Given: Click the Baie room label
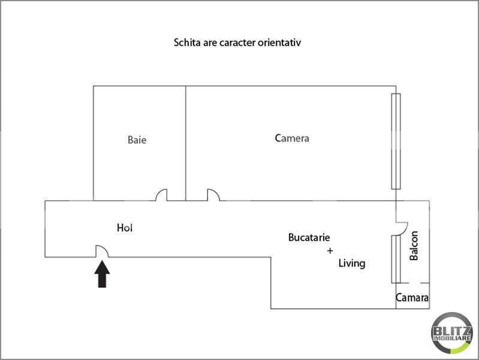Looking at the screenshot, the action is (137, 140).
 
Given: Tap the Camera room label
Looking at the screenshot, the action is (292, 138).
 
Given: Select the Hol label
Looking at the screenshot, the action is (125, 227).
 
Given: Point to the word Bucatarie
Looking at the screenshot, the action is (309, 238).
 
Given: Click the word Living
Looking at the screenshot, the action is (352, 263).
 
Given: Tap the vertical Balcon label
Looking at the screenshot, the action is (413, 245).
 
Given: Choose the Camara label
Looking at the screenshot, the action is (412, 298).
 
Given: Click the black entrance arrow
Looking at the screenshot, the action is (102, 274).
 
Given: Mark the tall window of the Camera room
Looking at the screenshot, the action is (396, 142).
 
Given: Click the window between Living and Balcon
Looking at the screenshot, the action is (396, 259).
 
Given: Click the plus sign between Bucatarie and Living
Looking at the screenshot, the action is (330, 251).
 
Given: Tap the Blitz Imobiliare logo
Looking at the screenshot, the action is (451, 333).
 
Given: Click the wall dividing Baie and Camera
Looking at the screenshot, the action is (186, 143).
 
